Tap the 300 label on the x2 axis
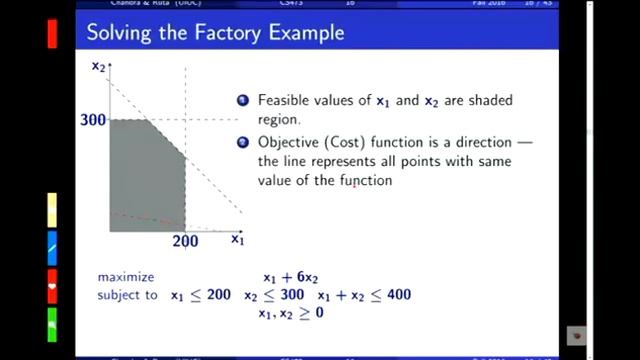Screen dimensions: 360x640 click(93, 120)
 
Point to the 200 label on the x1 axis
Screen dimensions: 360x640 click(185, 241)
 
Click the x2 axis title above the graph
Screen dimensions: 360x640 click(98, 66)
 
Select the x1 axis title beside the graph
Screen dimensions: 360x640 click(237, 239)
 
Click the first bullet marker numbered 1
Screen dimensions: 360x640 click(242, 101)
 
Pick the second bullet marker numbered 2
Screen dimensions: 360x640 click(242, 143)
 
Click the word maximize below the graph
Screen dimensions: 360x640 click(126, 276)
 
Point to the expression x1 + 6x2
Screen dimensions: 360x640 click(290, 277)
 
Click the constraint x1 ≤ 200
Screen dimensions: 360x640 click(200, 295)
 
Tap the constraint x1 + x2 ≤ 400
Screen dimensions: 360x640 click(364, 295)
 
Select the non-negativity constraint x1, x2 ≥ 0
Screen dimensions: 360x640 click(290, 313)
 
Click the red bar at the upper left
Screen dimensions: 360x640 click(52, 32)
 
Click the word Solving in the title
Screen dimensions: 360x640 click(119, 33)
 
